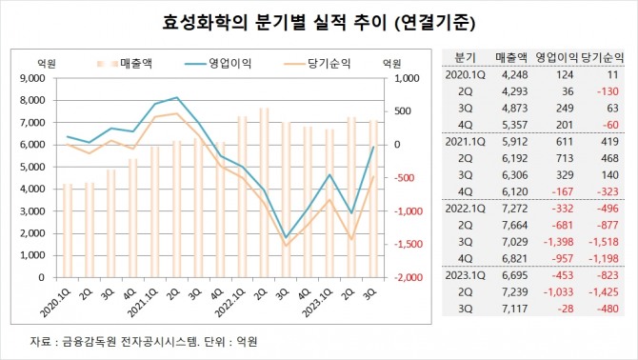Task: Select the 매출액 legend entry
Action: click(125, 64)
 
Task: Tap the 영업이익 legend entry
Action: click(218, 64)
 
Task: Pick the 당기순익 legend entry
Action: click(317, 64)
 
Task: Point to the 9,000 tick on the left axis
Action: click(32, 78)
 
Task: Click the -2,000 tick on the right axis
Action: click(409, 277)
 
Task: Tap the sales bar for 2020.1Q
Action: click(68, 230)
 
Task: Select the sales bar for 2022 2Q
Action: click(264, 192)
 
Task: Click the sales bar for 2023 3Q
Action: click(373, 199)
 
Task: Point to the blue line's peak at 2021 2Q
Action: click(176, 97)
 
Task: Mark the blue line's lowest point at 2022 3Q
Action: click(286, 237)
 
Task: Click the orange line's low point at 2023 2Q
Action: click(351, 239)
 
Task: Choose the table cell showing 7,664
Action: click(515, 226)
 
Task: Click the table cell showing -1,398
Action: click(558, 242)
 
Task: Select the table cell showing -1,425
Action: click(604, 292)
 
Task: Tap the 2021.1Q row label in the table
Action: click(465, 142)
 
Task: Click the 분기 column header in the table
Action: click(465, 57)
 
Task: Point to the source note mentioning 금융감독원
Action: click(143, 341)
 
